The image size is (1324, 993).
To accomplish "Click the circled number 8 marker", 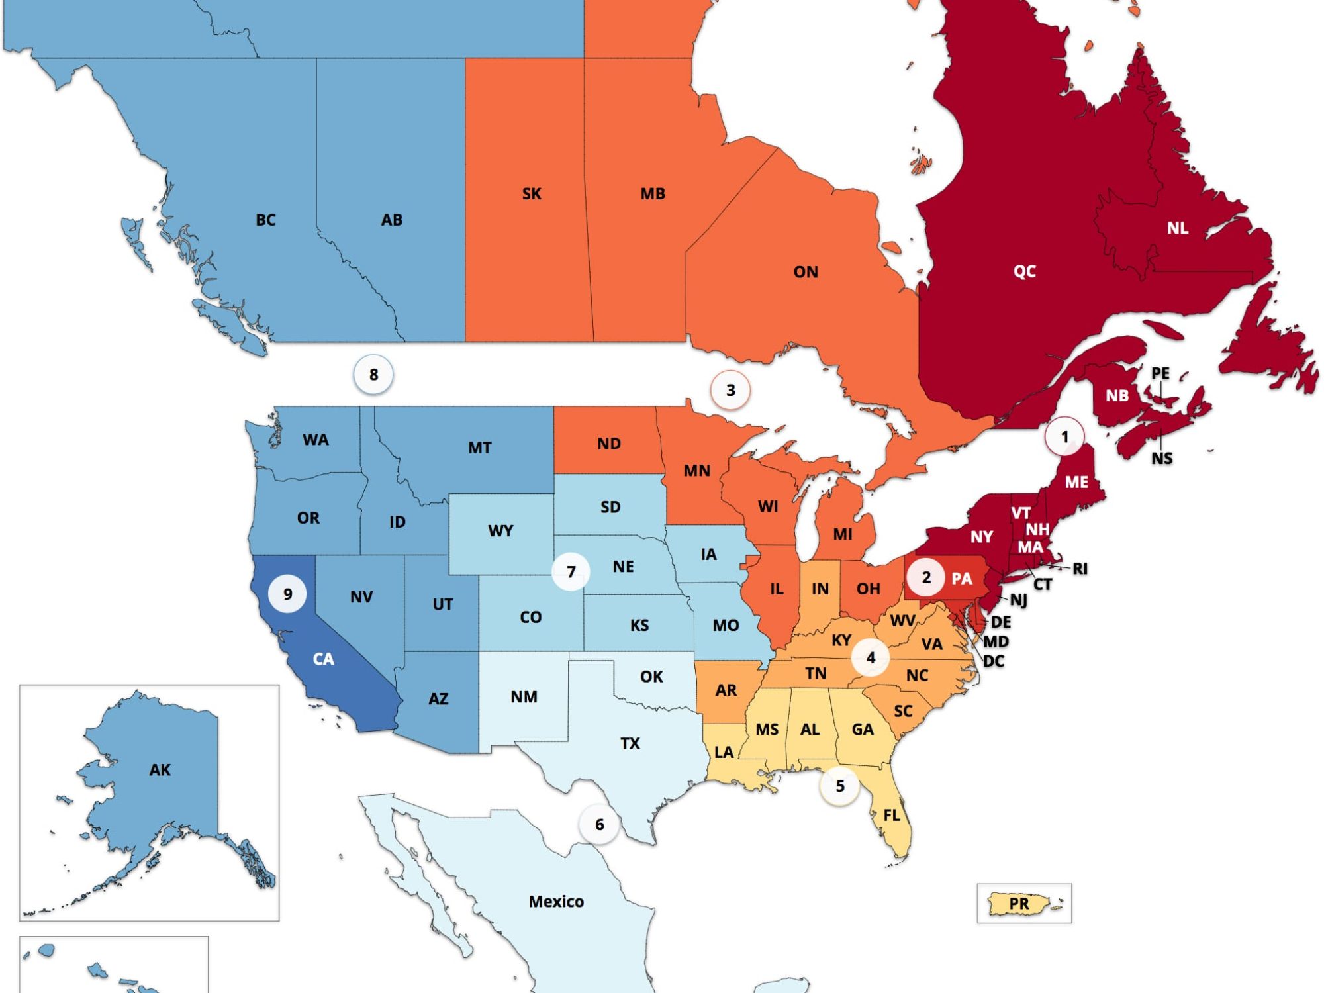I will tap(373, 375).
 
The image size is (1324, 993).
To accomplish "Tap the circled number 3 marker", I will tap(730, 390).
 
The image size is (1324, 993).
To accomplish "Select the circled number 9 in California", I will tap(287, 594).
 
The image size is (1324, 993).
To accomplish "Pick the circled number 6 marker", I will tap(599, 824).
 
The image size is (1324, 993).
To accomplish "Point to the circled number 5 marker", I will tap(840, 786).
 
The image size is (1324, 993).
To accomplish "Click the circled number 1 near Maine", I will tap(1064, 437).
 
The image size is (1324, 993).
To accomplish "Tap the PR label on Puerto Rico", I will tap(1019, 903).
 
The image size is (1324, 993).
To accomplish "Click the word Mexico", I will tap(556, 901).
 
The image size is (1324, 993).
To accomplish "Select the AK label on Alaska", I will tap(160, 769).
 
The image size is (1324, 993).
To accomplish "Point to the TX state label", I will tap(630, 743).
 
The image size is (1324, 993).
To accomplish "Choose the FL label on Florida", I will tap(892, 815).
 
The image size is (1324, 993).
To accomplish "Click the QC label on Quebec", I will tap(1024, 271).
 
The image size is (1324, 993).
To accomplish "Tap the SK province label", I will tap(532, 194).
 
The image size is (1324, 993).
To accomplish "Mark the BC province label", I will tap(265, 220).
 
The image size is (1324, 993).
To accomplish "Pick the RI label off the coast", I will tap(1080, 569).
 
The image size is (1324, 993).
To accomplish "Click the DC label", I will tap(994, 661).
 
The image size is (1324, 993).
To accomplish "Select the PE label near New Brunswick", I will tap(1160, 373).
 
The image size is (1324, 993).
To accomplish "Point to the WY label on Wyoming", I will tap(500, 531).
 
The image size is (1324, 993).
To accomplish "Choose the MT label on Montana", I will tap(480, 448).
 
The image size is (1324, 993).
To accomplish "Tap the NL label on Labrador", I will tap(1177, 228).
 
